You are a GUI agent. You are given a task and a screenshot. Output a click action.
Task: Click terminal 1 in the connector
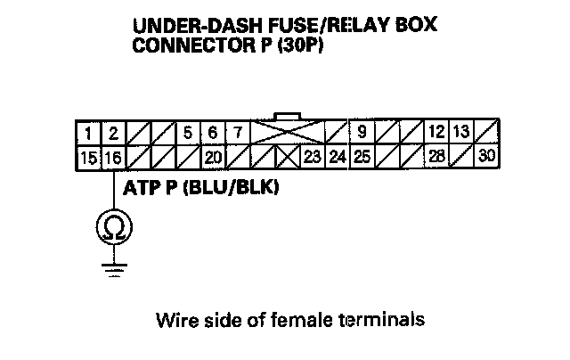[x=91, y=135]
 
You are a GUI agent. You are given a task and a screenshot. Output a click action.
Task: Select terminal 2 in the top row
[x=113, y=135]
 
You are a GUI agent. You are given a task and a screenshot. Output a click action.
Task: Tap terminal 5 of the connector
[x=188, y=135]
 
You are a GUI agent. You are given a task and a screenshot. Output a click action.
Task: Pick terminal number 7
[x=237, y=135]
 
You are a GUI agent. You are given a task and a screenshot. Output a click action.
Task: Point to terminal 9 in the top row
[x=362, y=135]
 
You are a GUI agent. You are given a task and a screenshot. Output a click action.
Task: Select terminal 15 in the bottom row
[x=90, y=158]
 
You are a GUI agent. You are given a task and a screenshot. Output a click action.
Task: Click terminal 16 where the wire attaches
[x=113, y=158]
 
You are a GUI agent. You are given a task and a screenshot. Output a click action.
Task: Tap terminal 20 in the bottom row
[x=212, y=158]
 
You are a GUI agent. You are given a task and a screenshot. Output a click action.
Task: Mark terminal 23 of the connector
[x=312, y=158]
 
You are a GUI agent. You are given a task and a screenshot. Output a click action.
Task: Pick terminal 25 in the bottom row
[x=362, y=158]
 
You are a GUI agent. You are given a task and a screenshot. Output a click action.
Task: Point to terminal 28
[x=436, y=158]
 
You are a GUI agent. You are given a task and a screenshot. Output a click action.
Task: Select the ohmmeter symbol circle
[x=113, y=230]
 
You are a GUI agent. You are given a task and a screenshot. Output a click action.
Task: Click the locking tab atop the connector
[x=289, y=117]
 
